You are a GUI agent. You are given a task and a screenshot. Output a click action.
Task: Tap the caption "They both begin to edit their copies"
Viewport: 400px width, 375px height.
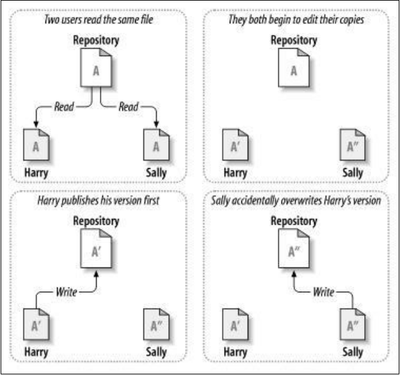tap(294, 20)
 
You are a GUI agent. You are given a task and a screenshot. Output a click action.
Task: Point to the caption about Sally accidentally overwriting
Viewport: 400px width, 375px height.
tap(296, 200)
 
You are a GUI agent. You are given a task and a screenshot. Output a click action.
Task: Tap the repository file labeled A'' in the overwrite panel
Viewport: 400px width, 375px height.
tap(294, 251)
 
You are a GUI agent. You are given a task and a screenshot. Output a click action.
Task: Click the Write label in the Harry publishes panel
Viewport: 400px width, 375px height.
tap(66, 292)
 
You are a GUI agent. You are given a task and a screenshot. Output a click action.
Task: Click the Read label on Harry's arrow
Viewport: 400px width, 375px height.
tap(66, 106)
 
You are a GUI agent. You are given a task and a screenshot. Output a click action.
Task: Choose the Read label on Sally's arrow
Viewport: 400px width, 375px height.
tap(129, 106)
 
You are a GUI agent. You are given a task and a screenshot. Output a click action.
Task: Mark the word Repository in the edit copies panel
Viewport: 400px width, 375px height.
tap(294, 40)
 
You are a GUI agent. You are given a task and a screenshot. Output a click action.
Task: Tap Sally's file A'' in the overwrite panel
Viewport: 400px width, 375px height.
tap(353, 325)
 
